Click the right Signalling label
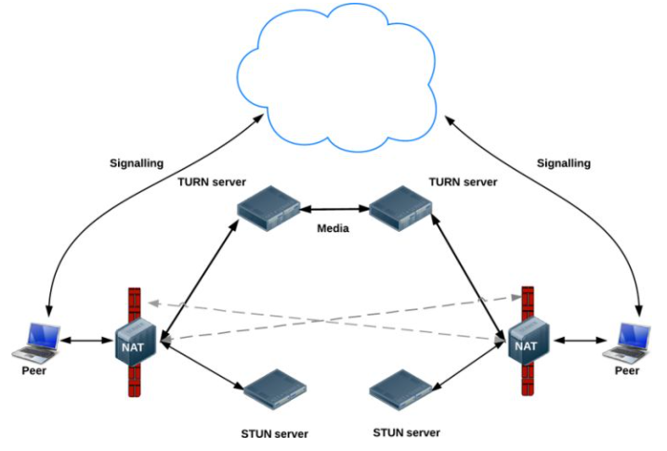(563, 162)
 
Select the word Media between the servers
(333, 228)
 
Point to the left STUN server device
(275, 390)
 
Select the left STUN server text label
(274, 433)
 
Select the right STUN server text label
(406, 432)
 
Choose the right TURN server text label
(463, 182)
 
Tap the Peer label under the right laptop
(628, 371)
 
